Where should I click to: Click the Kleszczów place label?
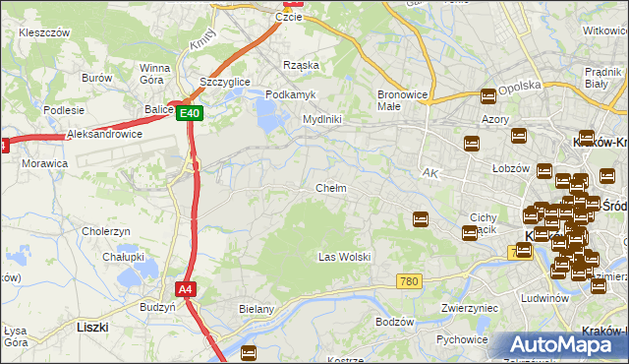point(44,32)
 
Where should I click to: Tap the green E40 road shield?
point(191,114)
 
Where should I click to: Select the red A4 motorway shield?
point(186,289)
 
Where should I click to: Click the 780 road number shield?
point(410,282)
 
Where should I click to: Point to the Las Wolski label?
point(344,257)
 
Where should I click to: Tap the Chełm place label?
point(330,188)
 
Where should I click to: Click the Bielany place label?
point(256,309)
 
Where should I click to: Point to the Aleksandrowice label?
point(104,135)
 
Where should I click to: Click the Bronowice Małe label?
point(401,101)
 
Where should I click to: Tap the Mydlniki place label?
point(321,119)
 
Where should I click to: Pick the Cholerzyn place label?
point(107,232)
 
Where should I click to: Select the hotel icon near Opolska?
point(488,96)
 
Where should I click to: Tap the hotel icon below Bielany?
point(249,351)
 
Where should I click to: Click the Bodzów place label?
point(396,322)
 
